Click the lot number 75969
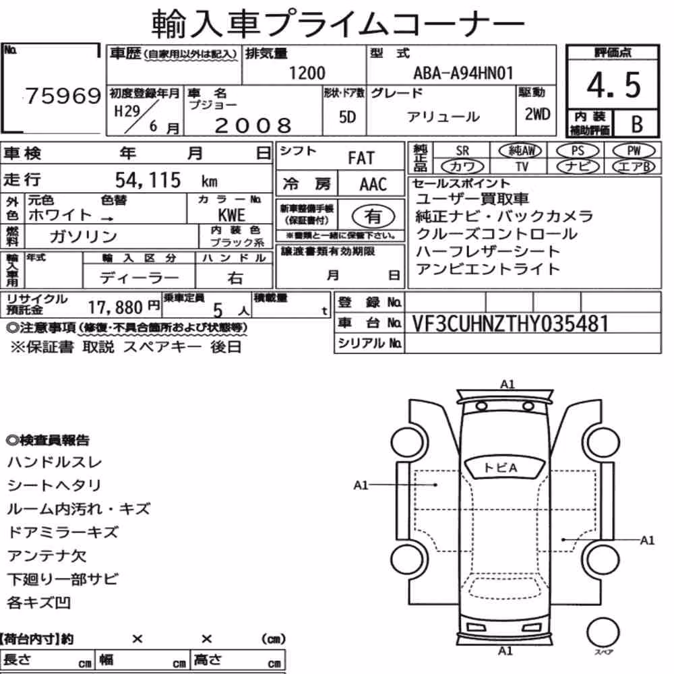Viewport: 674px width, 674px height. (63, 96)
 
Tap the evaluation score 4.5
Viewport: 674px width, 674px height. (613, 85)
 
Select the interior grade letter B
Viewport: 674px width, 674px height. (637, 124)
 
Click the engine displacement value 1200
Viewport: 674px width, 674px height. (307, 73)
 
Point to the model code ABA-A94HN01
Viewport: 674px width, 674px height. (464, 73)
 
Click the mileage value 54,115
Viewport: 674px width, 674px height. (148, 180)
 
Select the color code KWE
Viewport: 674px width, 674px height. (231, 215)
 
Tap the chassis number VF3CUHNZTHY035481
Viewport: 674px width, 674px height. (510, 324)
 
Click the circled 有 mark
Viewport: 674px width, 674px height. (373, 216)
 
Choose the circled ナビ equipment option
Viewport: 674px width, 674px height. (578, 166)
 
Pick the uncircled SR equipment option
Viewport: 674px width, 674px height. (462, 151)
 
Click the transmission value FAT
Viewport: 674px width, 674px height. (361, 158)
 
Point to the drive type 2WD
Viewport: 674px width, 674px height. (537, 115)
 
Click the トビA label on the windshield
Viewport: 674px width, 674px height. (500, 468)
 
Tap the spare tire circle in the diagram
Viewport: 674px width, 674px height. (603, 633)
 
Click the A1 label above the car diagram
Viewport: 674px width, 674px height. (508, 384)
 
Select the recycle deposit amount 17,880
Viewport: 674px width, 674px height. (115, 307)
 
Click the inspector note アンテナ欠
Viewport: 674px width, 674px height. (47, 556)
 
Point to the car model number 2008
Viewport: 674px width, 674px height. (253, 125)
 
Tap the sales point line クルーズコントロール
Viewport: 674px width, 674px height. (497, 234)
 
